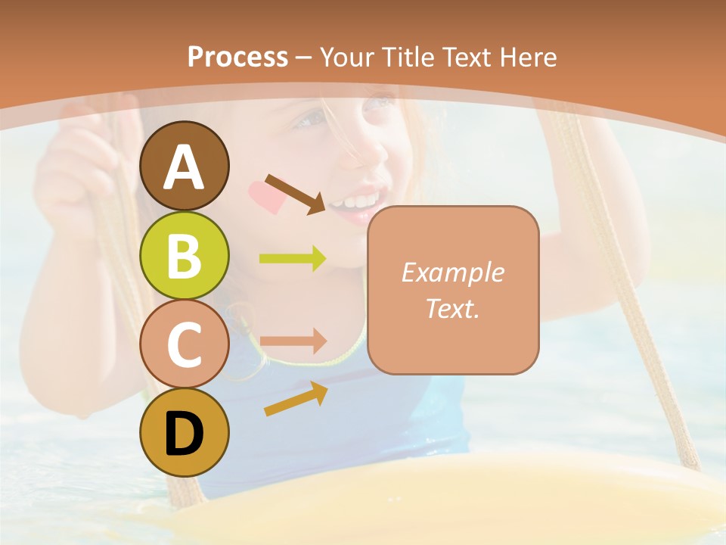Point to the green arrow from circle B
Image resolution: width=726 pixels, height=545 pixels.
click(293, 259)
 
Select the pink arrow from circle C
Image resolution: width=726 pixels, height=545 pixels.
click(293, 341)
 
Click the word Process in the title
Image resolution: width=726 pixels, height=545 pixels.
click(237, 57)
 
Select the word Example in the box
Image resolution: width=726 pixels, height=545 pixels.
click(452, 272)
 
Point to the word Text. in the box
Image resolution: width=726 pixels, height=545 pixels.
click(452, 308)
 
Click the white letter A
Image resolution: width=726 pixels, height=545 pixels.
click(185, 167)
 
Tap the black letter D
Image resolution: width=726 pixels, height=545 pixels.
click(184, 433)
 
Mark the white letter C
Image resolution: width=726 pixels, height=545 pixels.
click(184, 345)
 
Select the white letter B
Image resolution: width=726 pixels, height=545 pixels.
click(184, 256)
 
